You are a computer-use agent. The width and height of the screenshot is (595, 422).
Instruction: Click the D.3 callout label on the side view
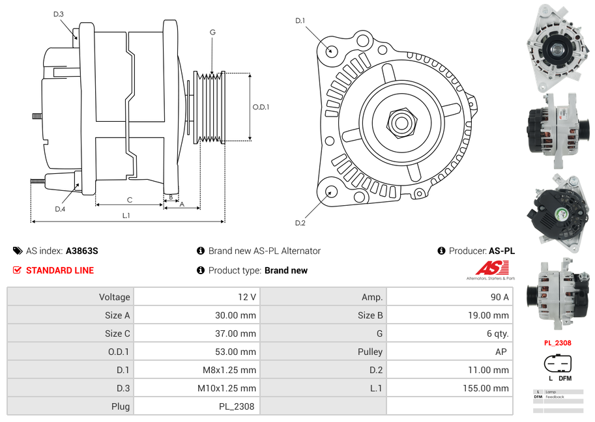coord(59,14)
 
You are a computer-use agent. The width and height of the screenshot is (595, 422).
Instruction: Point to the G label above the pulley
coord(212,32)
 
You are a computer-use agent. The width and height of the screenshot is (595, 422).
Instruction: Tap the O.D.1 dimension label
coord(261,107)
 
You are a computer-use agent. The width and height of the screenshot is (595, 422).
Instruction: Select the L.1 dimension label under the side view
coord(126,215)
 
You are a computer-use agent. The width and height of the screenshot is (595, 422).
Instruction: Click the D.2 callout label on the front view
coord(300,223)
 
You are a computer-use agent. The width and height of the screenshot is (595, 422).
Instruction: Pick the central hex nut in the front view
coord(401,122)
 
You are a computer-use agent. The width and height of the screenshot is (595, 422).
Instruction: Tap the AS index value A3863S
coord(81,251)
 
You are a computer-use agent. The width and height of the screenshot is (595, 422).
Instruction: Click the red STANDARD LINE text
coord(60,270)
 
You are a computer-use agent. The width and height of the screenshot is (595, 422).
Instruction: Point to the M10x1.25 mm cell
coord(227,388)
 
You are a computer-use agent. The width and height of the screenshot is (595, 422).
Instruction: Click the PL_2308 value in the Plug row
coord(237,406)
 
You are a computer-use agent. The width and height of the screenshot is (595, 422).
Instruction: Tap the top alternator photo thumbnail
coord(558,47)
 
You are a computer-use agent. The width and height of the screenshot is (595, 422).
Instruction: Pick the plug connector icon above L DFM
coord(557,363)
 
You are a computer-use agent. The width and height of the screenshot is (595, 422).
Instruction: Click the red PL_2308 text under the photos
coord(557,343)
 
